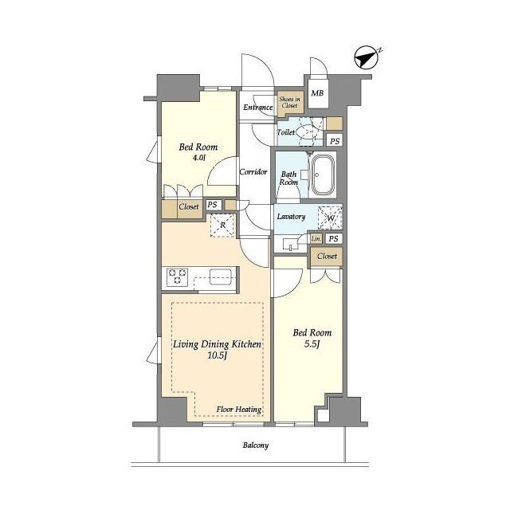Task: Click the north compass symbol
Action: tap(366, 57)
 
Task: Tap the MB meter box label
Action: tap(317, 93)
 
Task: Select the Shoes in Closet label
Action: tap(289, 103)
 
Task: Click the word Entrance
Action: tap(258, 108)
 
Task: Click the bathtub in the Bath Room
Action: tap(323, 175)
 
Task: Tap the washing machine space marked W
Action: tap(330, 218)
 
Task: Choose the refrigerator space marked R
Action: tap(222, 225)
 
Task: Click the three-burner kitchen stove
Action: tap(177, 277)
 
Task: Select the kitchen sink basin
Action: tap(221, 277)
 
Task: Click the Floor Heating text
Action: tap(239, 410)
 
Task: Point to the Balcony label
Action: tap(256, 445)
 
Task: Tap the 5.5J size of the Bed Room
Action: tap(312, 344)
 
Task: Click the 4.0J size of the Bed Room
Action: tap(198, 158)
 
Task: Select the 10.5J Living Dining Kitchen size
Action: tap(217, 355)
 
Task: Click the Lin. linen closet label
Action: tap(316, 239)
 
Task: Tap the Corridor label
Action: tap(253, 172)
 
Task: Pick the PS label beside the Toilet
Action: tap(335, 141)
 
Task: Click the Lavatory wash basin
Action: tap(290, 244)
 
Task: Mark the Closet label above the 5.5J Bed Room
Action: tap(328, 257)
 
